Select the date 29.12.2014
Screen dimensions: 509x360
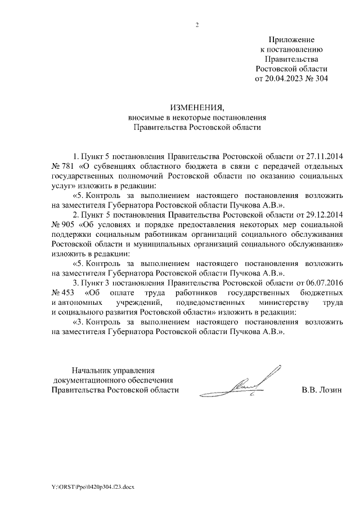pyautogui.click(x=323, y=215)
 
